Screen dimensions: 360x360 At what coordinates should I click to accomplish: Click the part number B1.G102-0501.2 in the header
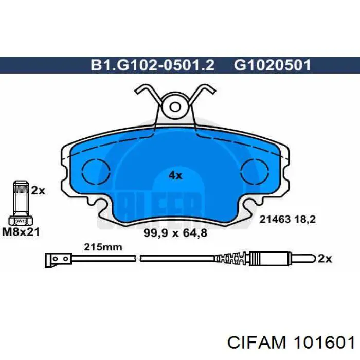tap(153, 65)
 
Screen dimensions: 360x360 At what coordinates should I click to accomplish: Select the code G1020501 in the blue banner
tap(272, 65)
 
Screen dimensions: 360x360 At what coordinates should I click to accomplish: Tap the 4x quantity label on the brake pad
tap(175, 176)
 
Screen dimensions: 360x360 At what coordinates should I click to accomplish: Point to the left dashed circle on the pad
tap(96, 172)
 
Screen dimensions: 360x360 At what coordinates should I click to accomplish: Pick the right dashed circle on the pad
tap(255, 172)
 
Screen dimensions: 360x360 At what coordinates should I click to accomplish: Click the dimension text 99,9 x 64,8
tap(175, 233)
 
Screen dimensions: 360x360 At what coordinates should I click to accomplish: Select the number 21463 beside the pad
tap(275, 220)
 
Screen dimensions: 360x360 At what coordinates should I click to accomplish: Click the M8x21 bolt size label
tap(21, 232)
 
